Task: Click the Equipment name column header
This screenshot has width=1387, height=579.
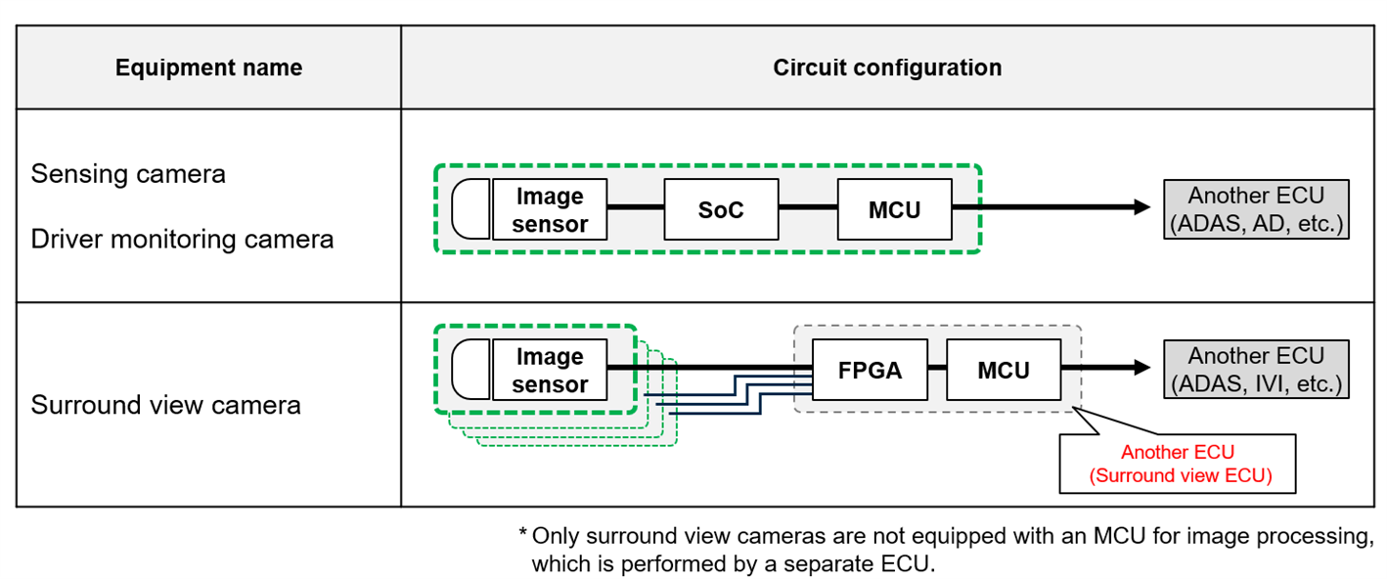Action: (208, 67)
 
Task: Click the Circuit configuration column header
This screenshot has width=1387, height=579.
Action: (887, 67)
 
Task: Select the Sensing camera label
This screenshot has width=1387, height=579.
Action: (128, 174)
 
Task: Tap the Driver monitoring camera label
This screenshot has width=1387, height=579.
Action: (182, 239)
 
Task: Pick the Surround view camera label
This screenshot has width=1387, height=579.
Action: (165, 404)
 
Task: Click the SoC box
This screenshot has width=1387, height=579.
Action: (721, 209)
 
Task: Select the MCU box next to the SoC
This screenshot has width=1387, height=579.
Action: (894, 209)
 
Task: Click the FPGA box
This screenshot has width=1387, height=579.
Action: (870, 370)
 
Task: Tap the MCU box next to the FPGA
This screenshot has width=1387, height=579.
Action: (1003, 370)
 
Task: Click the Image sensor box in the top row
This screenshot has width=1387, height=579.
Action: (550, 209)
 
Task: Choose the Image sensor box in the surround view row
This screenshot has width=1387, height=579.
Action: (550, 370)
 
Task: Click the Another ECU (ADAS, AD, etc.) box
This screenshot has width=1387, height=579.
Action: (1256, 209)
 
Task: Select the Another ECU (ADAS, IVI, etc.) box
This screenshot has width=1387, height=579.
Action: (1256, 369)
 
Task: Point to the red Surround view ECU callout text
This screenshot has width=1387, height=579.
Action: (1178, 465)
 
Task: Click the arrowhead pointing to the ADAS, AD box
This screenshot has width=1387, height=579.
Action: (1141, 207)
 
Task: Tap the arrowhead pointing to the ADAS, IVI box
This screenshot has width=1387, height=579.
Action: (1141, 368)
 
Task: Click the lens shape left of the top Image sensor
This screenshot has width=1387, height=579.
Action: (471, 209)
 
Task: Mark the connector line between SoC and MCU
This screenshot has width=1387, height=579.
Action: (808, 208)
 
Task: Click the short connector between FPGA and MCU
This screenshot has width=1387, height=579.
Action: (937, 369)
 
